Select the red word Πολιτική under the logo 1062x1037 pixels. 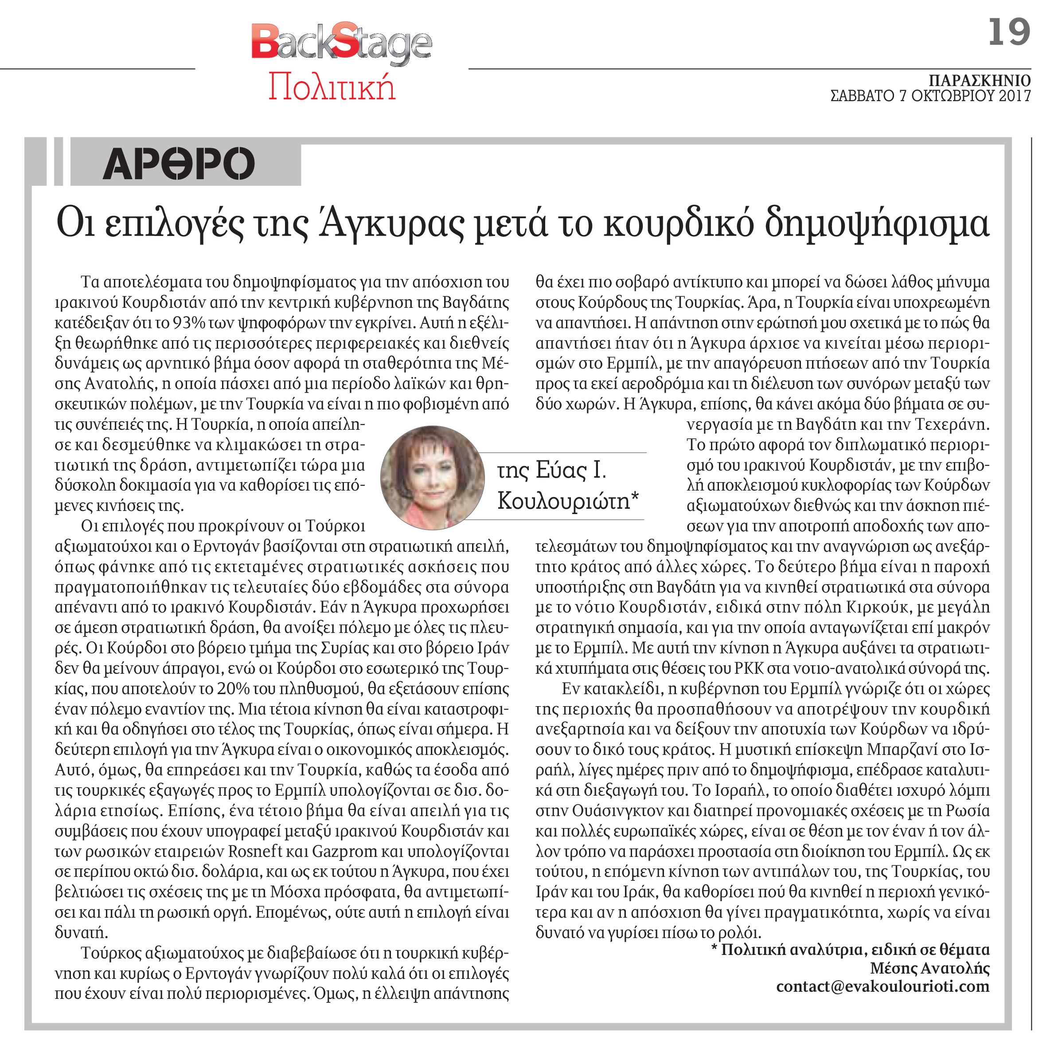click(x=332, y=86)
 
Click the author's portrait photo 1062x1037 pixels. click(x=432, y=478)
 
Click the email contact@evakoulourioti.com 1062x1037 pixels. click(x=882, y=986)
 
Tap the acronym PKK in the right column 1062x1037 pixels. click(x=751, y=668)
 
